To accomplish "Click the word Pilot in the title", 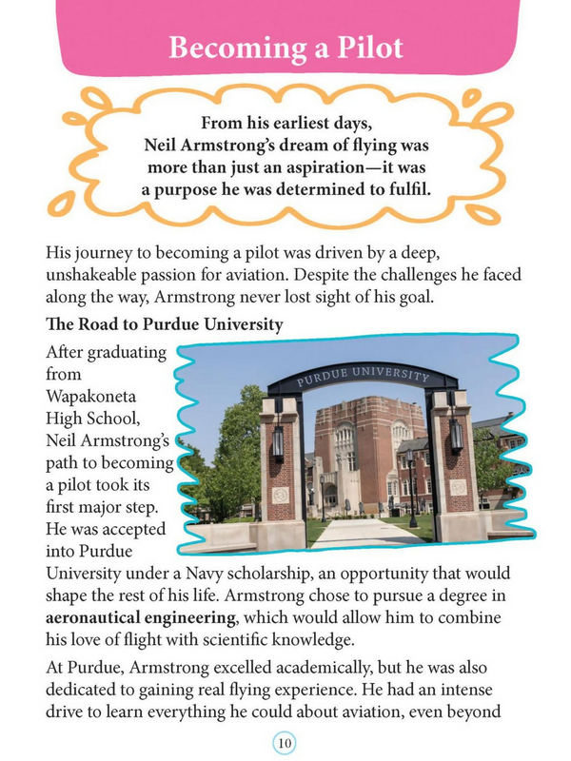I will click(x=357, y=48).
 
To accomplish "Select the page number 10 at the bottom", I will click(x=285, y=741).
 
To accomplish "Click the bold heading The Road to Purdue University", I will click(x=164, y=324).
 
